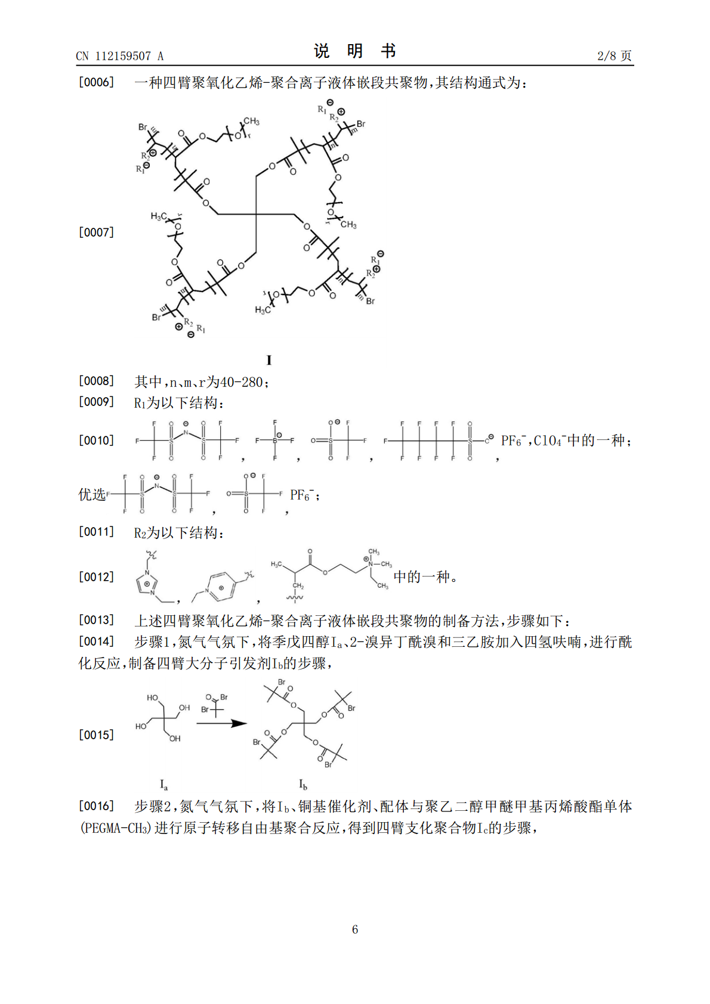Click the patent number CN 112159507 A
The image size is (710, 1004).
(119, 56)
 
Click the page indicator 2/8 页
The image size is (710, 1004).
(614, 55)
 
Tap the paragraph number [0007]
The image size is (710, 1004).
(96, 232)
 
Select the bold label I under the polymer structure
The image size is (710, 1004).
(269, 360)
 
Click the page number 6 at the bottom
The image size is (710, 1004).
(355, 929)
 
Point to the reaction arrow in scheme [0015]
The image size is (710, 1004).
(221, 724)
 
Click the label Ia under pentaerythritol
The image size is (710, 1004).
(163, 785)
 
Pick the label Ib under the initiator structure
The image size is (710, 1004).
(303, 785)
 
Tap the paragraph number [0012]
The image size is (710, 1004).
(96, 577)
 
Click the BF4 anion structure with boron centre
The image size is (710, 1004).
(275, 441)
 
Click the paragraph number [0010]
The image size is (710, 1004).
(96, 440)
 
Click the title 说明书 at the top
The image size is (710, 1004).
(355, 51)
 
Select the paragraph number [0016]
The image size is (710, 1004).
(96, 806)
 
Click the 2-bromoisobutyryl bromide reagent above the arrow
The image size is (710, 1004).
(215, 704)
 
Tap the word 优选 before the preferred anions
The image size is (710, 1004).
(92, 495)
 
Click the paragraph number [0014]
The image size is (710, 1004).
(96, 642)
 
